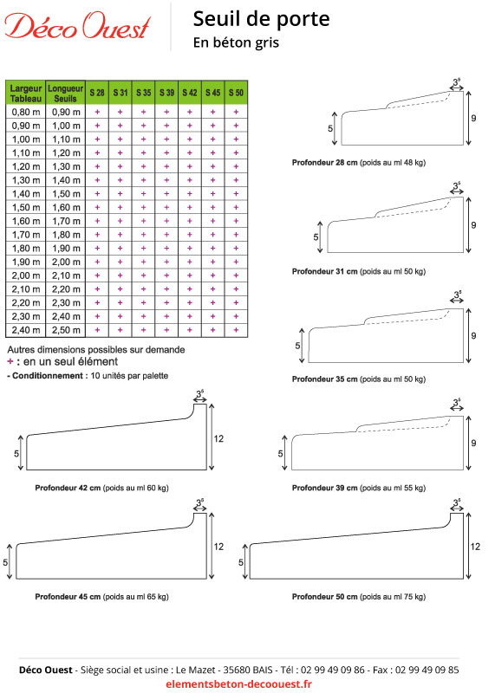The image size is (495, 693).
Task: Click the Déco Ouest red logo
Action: pos(78,26)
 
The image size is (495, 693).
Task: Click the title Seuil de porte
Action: pos(262,19)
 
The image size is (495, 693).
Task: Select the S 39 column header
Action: pos(166,93)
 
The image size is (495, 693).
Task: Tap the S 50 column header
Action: pos(236,93)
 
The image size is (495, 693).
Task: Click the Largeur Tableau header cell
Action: pos(26,94)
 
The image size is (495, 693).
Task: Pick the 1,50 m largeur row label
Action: pos(26,207)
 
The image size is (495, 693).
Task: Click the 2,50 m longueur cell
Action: pos(67,330)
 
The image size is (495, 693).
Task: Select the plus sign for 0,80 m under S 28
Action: pos(97,112)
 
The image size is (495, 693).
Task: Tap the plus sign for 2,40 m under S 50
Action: pos(236,330)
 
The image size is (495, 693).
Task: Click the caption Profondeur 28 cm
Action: pos(325,162)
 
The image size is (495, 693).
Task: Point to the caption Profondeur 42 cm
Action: pos(68,488)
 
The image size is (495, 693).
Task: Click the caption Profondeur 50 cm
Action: pos(325,597)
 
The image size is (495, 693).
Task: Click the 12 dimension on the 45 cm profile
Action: pos(219,547)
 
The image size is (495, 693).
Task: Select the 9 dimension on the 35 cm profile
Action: pos(474,336)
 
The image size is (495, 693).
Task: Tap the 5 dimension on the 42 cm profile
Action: pos(16,454)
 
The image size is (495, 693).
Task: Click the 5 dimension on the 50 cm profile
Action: pos(241,562)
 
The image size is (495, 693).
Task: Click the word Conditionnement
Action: pos(48,376)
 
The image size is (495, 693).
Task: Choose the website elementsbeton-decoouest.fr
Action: pos(239,683)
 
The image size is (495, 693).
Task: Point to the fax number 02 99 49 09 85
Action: pos(427,670)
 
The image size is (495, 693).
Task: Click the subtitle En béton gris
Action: pos(236,42)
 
